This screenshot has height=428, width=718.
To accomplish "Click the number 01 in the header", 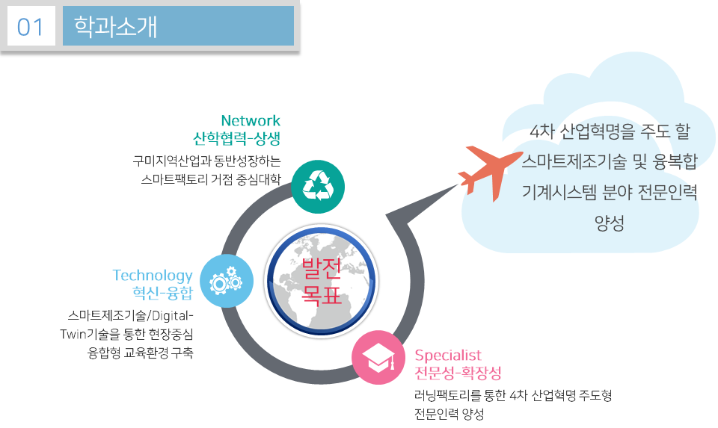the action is (x=30, y=27).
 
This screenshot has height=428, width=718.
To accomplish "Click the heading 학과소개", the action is (x=115, y=26).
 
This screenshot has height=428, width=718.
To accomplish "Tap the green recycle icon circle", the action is (x=318, y=187).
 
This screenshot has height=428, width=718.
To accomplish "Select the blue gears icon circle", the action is (x=227, y=281).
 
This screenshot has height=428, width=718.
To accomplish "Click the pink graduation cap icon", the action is (x=378, y=357).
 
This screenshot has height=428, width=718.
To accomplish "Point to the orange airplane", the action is (x=490, y=173).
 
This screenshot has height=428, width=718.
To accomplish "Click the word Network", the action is (x=251, y=120).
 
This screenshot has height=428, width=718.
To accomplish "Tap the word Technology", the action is (x=153, y=276).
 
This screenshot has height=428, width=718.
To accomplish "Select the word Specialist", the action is (x=448, y=356).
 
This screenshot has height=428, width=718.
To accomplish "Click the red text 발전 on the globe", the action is (x=321, y=269).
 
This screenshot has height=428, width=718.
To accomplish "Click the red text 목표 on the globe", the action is (x=321, y=294).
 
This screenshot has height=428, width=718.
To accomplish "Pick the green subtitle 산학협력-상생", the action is (x=236, y=138).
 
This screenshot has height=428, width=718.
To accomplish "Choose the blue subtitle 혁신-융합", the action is (x=162, y=293).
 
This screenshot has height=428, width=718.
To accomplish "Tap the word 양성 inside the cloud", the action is (x=609, y=223).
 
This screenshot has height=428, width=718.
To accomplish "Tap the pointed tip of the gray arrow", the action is (x=458, y=184).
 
